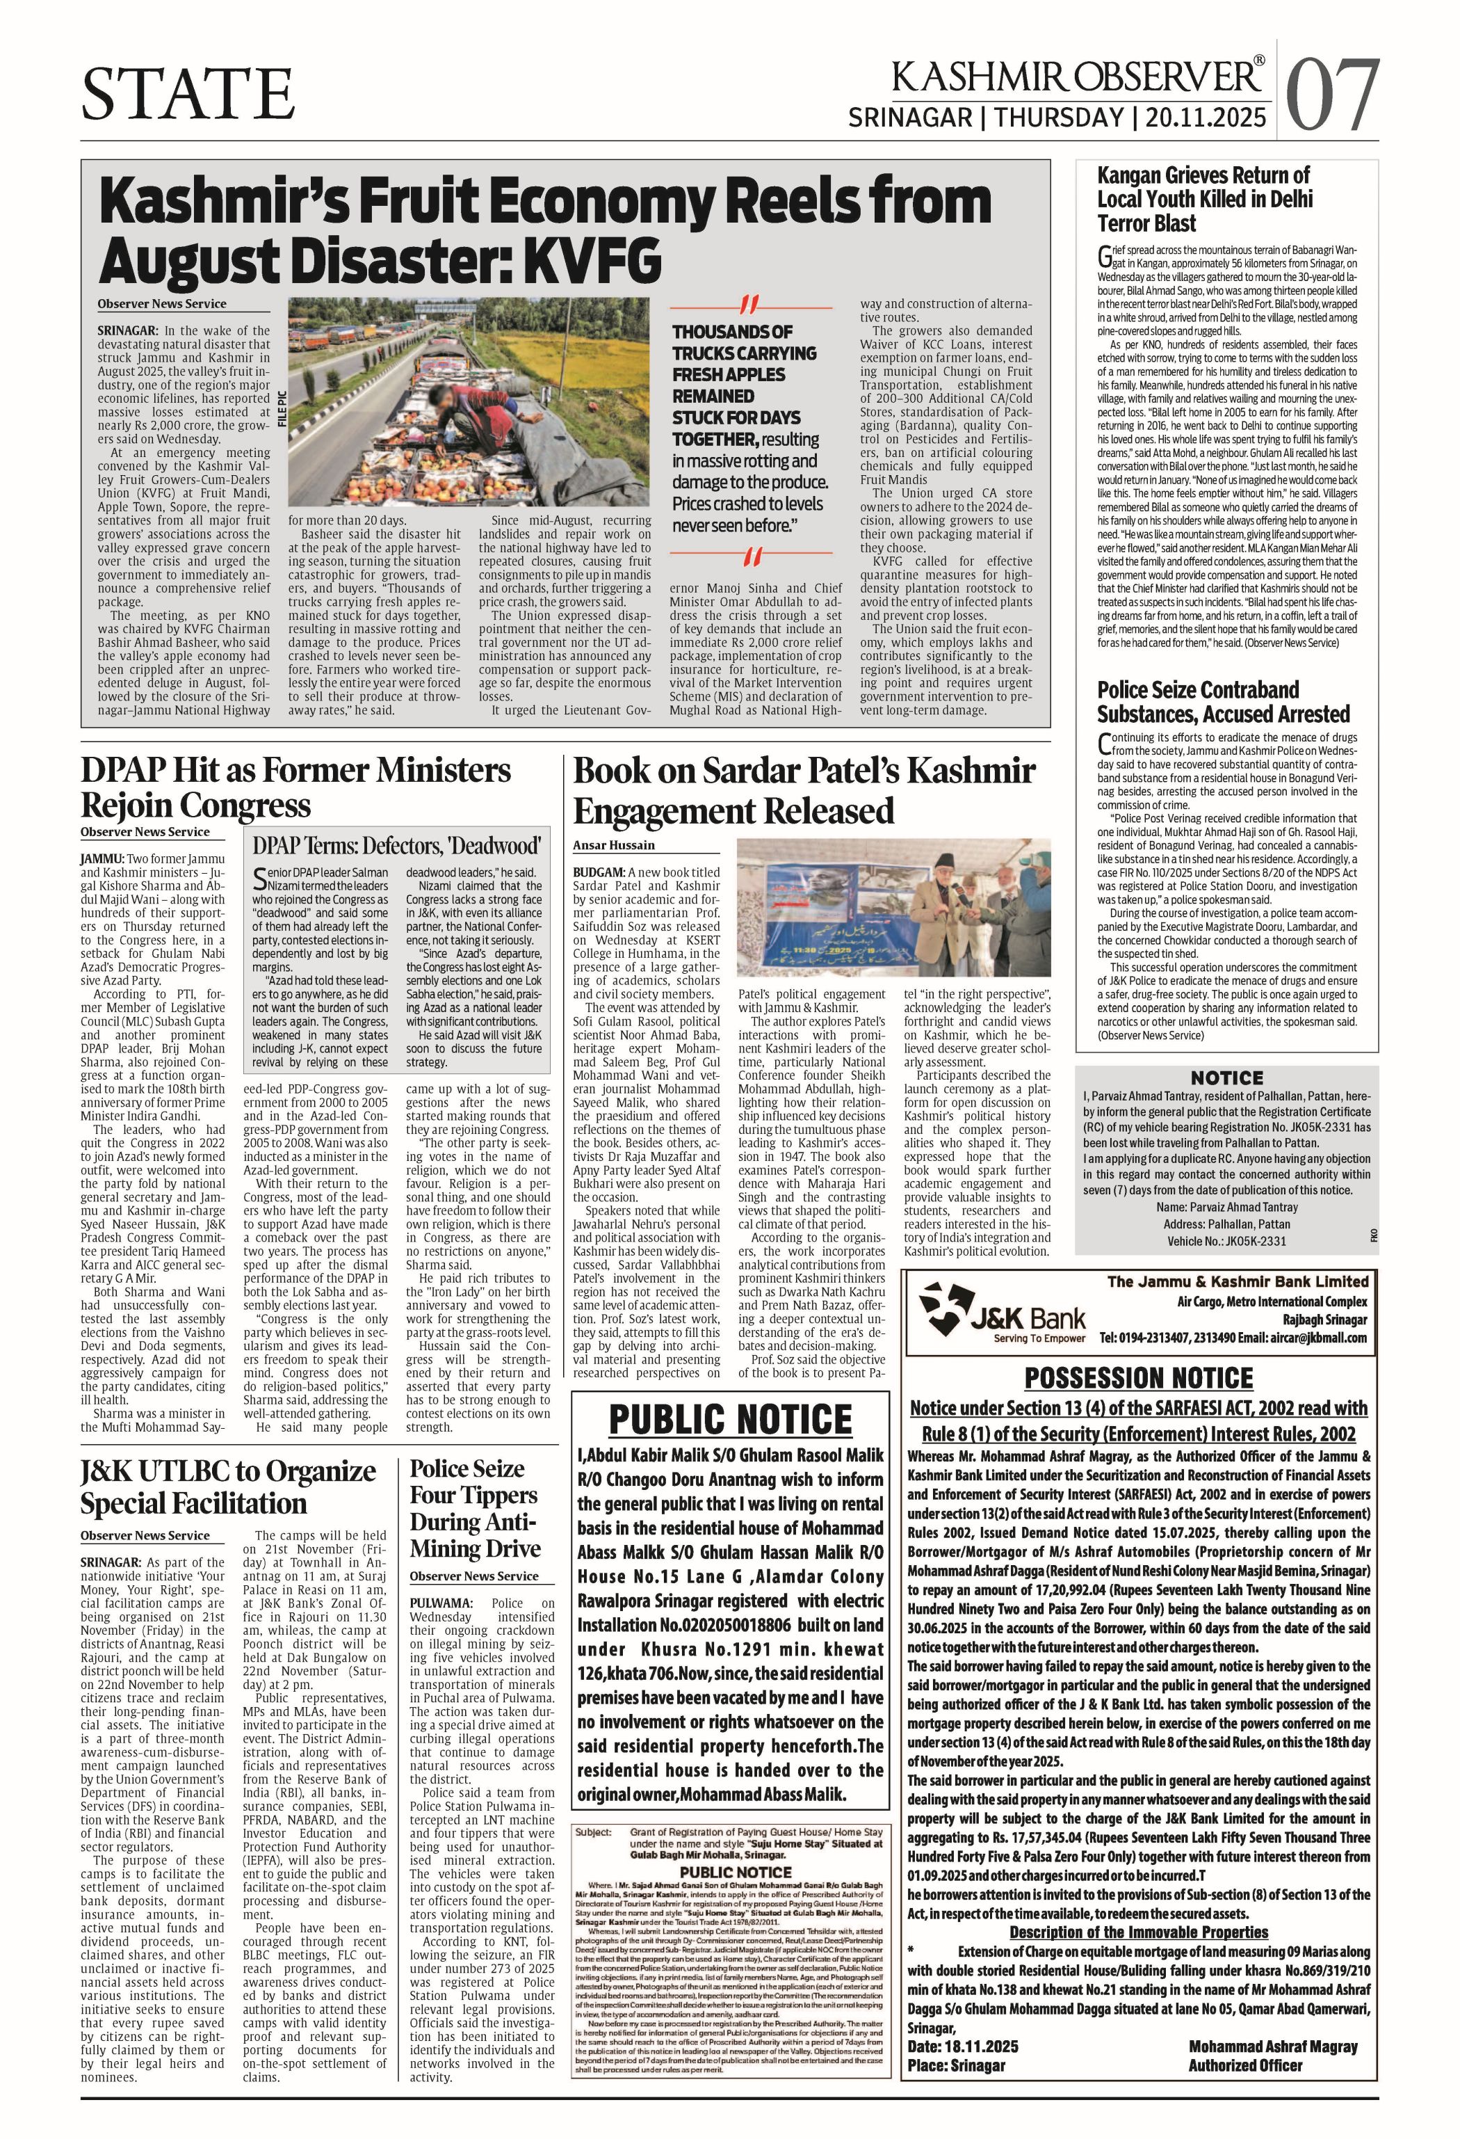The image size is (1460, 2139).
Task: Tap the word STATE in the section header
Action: point(188,94)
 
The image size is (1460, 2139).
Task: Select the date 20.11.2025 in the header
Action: point(1205,118)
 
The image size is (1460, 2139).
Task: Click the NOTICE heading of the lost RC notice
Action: point(1226,1077)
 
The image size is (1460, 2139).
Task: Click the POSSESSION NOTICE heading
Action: point(1138,1378)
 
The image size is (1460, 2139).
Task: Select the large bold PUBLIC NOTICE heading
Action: point(731,1419)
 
